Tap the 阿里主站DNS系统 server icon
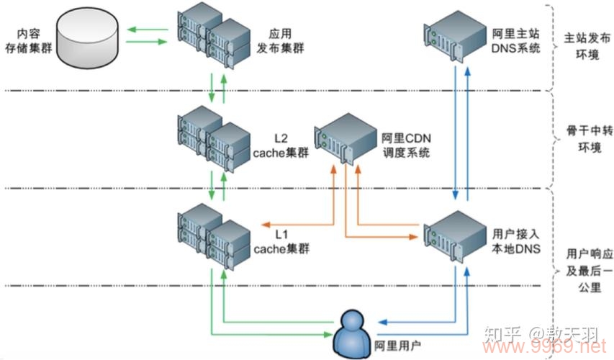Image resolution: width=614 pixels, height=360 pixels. coord(455,37)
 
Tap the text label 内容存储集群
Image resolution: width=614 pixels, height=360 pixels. coord(27,40)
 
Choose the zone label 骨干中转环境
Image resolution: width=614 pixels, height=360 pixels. coord(583,145)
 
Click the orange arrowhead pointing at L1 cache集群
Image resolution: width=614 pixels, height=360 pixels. coord(264,222)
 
